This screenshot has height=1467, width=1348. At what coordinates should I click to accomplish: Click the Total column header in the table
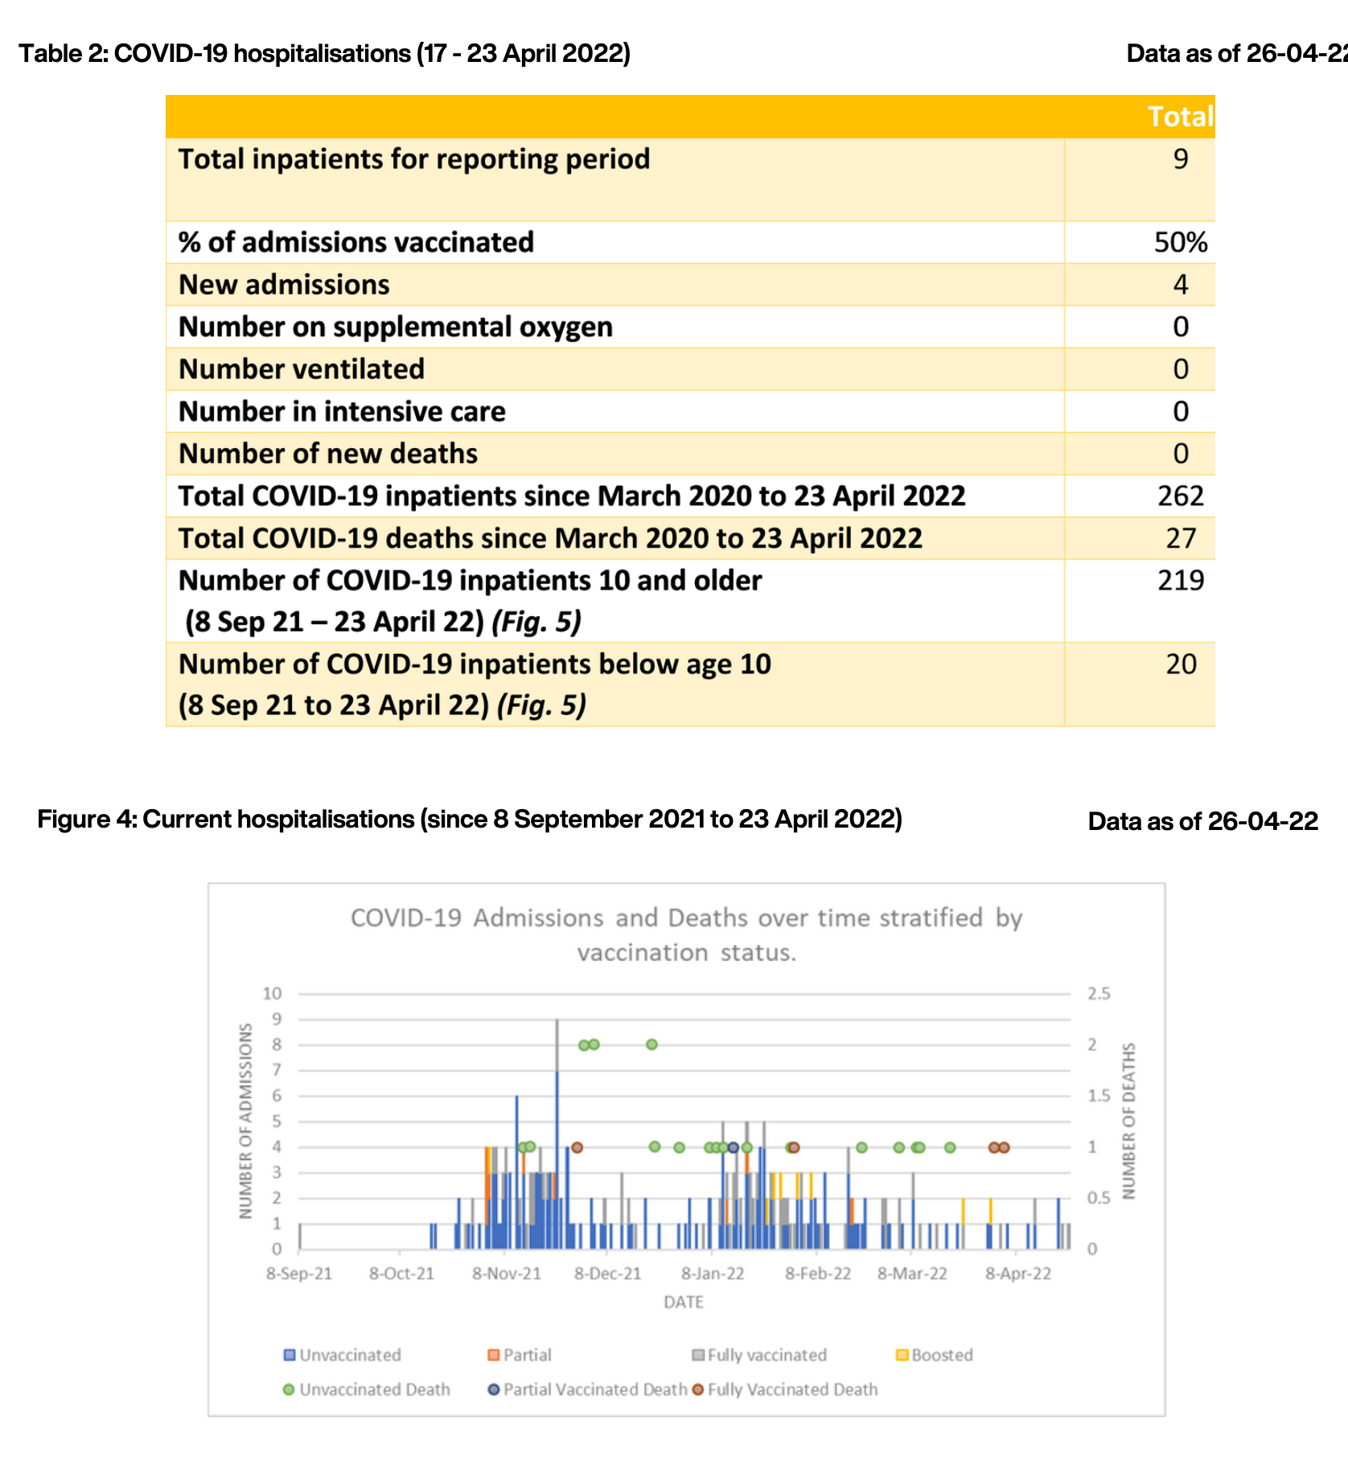tap(1179, 117)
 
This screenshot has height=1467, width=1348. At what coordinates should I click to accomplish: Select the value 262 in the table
tap(1180, 496)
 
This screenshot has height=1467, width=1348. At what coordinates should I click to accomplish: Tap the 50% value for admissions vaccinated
tap(1180, 242)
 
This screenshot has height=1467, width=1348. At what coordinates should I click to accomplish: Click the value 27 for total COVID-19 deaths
tap(1180, 538)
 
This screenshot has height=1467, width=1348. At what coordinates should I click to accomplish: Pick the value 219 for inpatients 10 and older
tap(1180, 581)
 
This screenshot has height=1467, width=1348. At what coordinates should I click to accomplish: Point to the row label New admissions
tap(284, 285)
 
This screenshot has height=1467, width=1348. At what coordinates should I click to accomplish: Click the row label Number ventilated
tap(301, 369)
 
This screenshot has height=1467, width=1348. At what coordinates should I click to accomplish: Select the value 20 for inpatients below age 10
tap(1181, 664)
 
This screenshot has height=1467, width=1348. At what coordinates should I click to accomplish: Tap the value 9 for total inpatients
tap(1180, 159)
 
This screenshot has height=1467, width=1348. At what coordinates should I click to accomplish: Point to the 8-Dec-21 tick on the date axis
tap(608, 1274)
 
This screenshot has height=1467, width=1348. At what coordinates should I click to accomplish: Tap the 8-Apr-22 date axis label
tap(1018, 1274)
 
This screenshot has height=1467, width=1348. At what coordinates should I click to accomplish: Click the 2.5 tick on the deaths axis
tap(1099, 994)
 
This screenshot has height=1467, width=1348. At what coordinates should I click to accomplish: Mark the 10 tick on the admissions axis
tap(272, 994)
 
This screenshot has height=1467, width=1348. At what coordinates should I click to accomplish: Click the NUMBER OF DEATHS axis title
tap(1129, 1121)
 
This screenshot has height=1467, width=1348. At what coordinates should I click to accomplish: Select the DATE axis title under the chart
tap(684, 1302)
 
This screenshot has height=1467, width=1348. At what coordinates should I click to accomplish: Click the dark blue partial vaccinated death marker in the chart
tap(733, 1147)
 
